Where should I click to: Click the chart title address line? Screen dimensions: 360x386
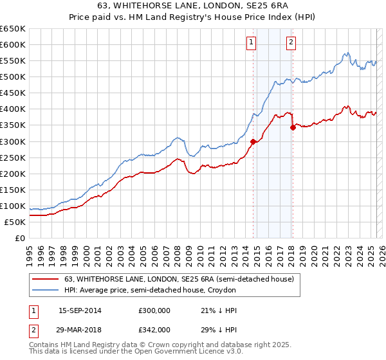pyautogui.click(x=193, y=6)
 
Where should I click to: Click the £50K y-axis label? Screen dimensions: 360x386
pyautogui.click(x=15, y=222)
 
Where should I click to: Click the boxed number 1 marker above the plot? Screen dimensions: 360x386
pyautogui.click(x=251, y=43)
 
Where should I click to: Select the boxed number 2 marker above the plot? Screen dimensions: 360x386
pyautogui.click(x=291, y=43)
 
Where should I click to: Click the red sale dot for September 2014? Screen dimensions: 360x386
pyautogui.click(x=253, y=141)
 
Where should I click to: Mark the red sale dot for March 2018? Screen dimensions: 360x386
pyautogui.click(x=293, y=127)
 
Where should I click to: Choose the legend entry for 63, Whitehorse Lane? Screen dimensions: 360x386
pyautogui.click(x=179, y=279)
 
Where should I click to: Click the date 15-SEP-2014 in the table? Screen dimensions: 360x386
pyautogui.click(x=80, y=310)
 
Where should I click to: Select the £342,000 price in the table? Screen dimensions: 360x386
pyautogui.click(x=154, y=329)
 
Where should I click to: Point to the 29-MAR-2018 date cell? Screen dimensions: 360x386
pyautogui.click(x=80, y=329)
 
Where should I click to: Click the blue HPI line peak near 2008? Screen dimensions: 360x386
pyautogui.click(x=178, y=138)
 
